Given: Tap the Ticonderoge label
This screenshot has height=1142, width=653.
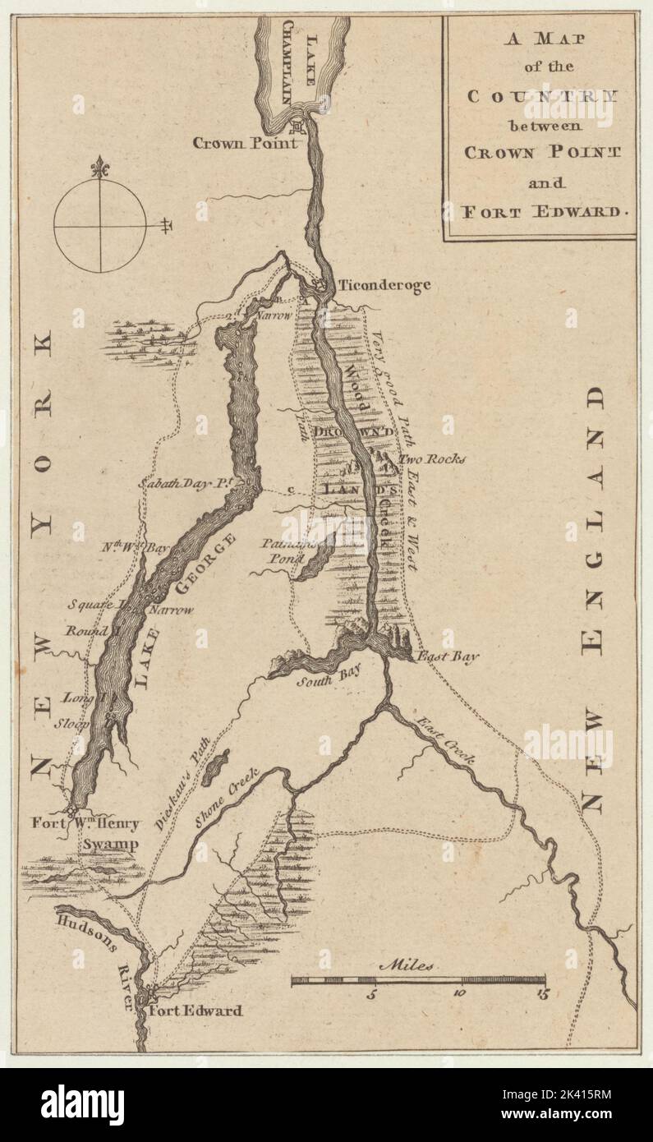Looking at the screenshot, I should click(x=383, y=285).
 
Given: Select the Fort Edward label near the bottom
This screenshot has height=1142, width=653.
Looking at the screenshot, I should click(x=195, y=1011).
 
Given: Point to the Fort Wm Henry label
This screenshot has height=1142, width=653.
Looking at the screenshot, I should click(x=86, y=822).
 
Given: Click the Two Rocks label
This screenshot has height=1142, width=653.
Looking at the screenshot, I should click(x=432, y=458).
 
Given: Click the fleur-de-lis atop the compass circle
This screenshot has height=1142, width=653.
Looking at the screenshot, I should click(x=100, y=166).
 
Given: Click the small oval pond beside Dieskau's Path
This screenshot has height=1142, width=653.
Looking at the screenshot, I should click(x=215, y=768).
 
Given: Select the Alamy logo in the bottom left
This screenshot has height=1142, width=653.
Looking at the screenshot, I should click(x=83, y=1105).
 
